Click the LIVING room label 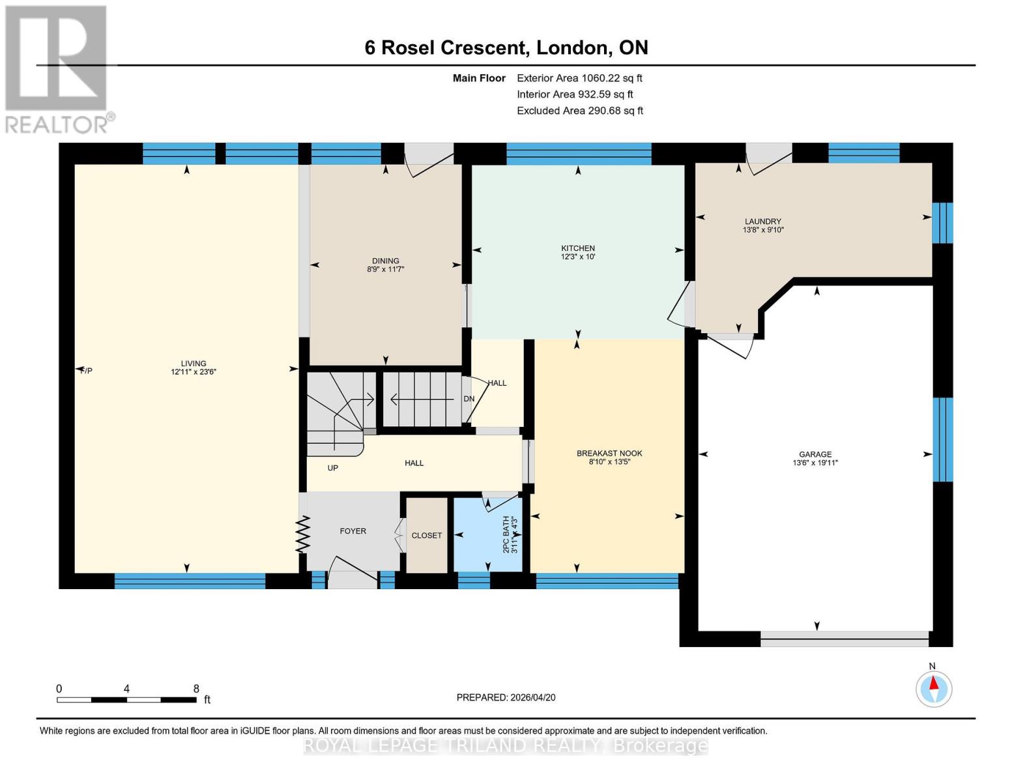click(194, 364)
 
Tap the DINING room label click(386, 261)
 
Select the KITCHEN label click(578, 248)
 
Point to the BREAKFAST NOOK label click(609, 454)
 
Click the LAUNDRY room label click(763, 222)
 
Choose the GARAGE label click(815, 454)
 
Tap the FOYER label click(353, 531)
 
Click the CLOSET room click(427, 535)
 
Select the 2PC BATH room click(488, 534)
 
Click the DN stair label click(469, 399)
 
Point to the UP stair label click(333, 468)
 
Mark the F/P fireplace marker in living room click(86, 371)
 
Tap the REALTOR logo click(57, 68)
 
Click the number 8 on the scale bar click(196, 689)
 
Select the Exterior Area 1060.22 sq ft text click(579, 78)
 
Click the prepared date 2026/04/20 click(506, 697)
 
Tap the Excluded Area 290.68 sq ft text click(580, 111)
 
